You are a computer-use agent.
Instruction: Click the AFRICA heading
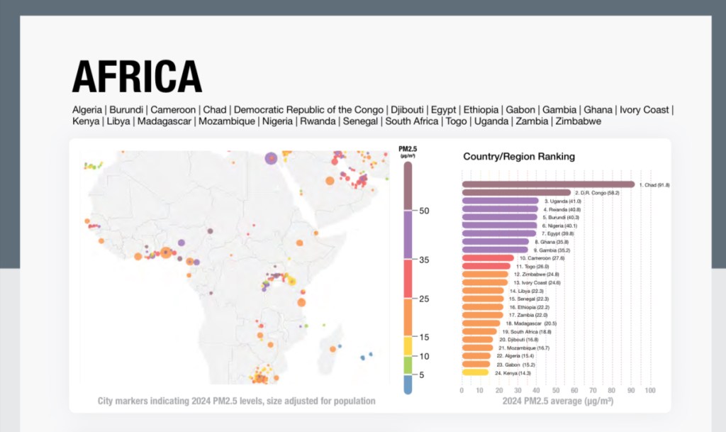(x=137, y=77)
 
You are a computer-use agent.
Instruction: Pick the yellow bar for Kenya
(x=474, y=372)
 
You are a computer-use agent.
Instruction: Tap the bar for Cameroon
(x=488, y=257)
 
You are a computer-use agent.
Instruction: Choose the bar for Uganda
(x=500, y=201)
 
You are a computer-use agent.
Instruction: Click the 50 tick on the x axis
(x=556, y=390)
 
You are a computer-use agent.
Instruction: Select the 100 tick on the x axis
(x=649, y=390)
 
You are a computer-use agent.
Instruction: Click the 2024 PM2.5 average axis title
(x=557, y=401)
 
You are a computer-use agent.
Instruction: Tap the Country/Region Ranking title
(x=519, y=156)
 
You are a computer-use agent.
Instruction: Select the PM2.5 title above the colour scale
(x=408, y=148)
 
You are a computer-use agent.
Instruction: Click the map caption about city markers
(x=236, y=401)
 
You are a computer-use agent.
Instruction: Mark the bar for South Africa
(x=479, y=331)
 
